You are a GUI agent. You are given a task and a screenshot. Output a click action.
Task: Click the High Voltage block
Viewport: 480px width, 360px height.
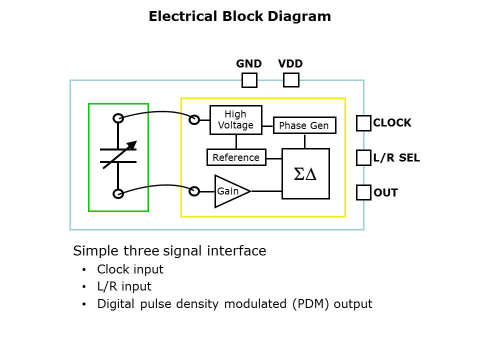tap(235, 120)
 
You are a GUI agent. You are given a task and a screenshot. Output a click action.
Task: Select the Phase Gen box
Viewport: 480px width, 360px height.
tap(304, 125)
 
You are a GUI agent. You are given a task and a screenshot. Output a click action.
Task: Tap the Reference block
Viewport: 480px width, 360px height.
tap(236, 157)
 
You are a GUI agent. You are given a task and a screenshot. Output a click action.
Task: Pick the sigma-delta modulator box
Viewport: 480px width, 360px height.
tap(305, 173)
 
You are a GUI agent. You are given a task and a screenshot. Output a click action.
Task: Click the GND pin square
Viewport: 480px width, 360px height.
tap(249, 80)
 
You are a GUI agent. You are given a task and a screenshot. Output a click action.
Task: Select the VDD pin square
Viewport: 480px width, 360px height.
tap(290, 80)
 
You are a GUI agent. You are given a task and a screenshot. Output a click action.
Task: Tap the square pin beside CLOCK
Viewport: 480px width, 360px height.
tap(363, 123)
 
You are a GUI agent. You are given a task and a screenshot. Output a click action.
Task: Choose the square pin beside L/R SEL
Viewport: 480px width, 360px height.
tap(363, 158)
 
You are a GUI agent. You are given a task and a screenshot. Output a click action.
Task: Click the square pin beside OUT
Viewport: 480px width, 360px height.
tap(363, 192)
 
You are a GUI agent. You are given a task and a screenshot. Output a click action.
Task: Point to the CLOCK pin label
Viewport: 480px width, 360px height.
tap(392, 123)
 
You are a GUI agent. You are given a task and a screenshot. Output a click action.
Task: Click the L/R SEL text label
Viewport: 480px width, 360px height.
tap(396, 158)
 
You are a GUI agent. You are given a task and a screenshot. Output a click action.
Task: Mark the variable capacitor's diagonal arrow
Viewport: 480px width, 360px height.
tap(119, 155)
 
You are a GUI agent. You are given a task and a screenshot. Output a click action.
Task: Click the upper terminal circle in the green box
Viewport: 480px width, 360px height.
tap(118, 118)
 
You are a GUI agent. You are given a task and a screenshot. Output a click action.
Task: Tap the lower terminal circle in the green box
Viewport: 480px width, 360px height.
tap(118, 193)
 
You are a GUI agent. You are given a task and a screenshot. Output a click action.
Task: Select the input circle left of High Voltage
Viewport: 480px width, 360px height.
tap(194, 119)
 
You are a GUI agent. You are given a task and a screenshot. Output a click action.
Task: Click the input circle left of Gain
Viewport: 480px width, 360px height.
tap(194, 190)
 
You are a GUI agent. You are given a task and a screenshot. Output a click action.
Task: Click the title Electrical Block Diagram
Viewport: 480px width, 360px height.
tap(239, 16)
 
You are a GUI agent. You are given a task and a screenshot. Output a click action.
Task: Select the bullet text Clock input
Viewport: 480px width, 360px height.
tap(130, 269)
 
